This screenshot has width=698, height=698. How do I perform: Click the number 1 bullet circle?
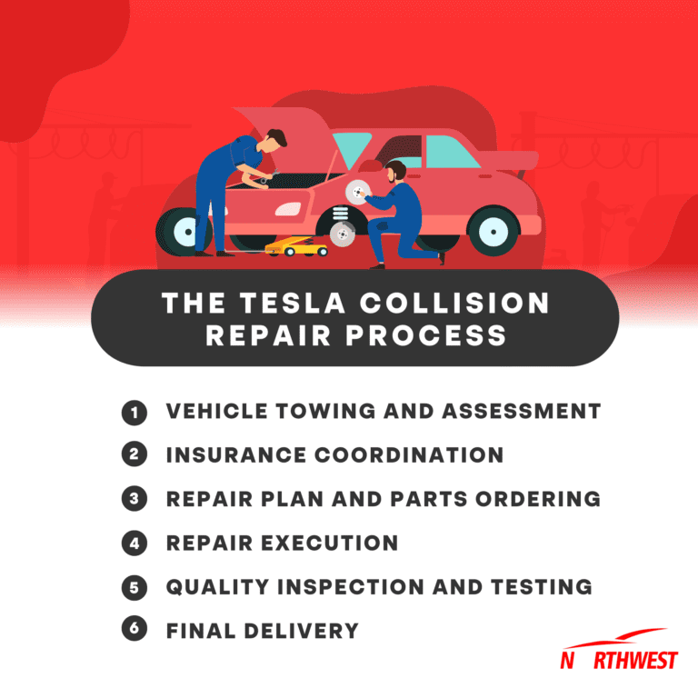pos(134,412)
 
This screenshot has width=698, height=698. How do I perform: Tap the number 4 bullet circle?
pos(134,543)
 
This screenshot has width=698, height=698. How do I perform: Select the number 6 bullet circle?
pos(134,631)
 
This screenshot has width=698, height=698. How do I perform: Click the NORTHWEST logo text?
pos(618,660)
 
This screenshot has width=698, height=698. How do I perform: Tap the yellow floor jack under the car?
pos(296,246)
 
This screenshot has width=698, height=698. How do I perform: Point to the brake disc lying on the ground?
pos(342,234)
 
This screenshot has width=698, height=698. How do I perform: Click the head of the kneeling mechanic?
pos(394,170)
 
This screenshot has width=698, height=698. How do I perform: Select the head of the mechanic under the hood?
pos(276,138)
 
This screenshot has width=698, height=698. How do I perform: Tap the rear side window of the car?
pos(450,151)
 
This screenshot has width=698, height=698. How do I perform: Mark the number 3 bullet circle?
pos(134,499)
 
